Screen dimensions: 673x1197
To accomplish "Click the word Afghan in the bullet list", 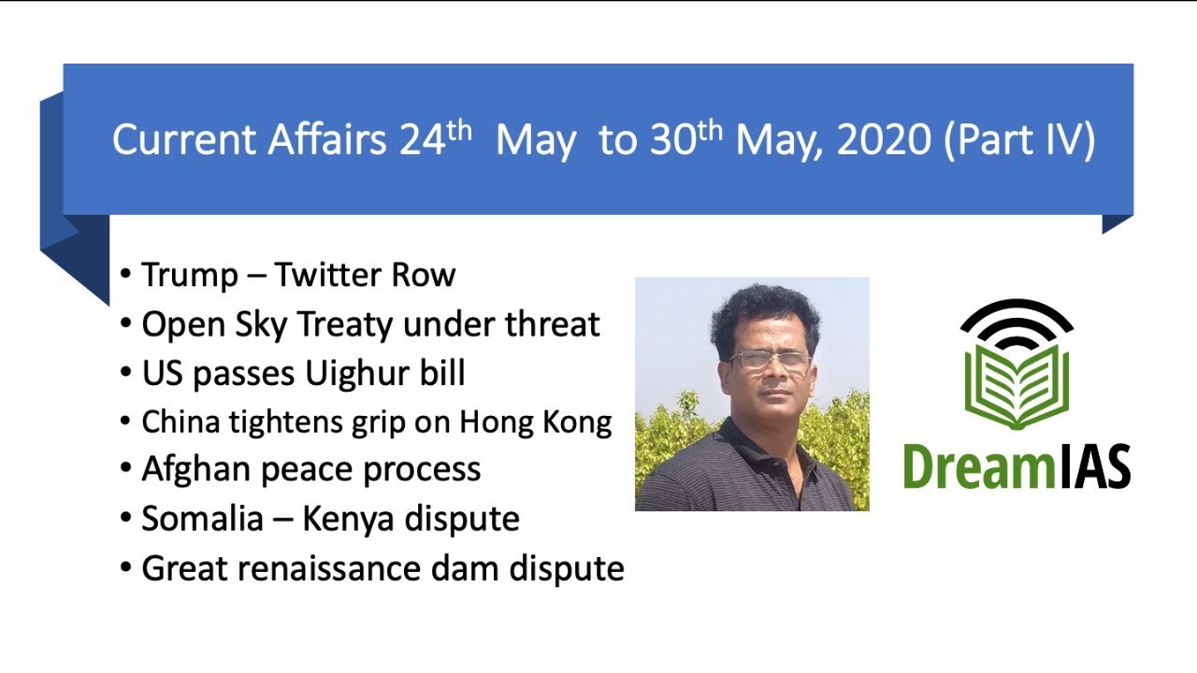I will pos(195,468).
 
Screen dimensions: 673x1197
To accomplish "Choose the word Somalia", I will pos(202,519).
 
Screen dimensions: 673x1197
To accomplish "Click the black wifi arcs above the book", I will pos(1017,322).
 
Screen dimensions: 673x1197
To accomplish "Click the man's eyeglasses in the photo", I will pos(769,361).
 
